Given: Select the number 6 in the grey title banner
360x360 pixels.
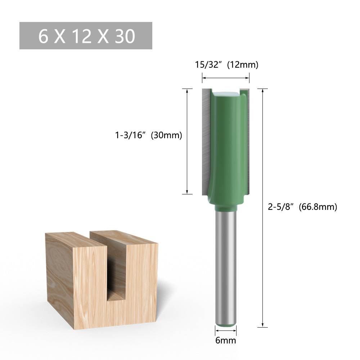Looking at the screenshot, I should tap(43, 36).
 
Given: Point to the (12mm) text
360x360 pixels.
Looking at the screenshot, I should tap(242, 65).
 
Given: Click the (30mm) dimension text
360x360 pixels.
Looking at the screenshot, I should tap(166, 135).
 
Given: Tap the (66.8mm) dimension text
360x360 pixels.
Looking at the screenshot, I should tap(318, 207).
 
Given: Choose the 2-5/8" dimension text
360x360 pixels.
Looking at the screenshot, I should tap(282, 207).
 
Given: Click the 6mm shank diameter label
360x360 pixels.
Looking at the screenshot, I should tap(225, 340).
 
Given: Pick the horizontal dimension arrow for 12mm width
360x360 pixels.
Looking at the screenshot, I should tap(225, 77).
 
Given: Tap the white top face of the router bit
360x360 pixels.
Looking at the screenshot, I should tap(226, 93).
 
